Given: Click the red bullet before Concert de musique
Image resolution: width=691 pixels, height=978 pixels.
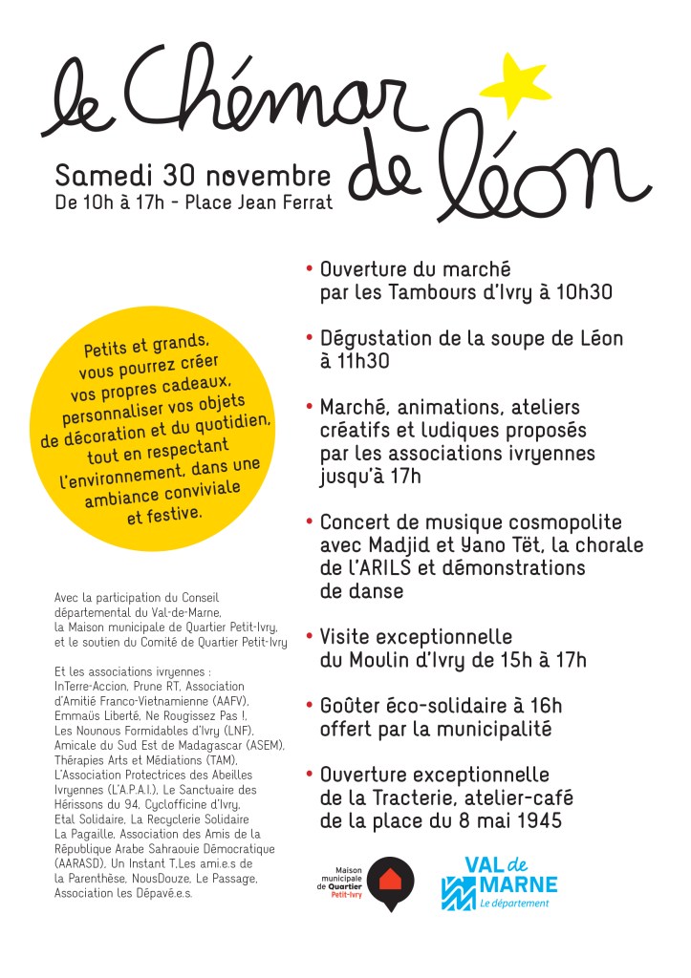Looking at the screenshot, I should click(x=309, y=522).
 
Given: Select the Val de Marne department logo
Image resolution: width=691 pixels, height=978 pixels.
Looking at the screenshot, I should click(x=498, y=882).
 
